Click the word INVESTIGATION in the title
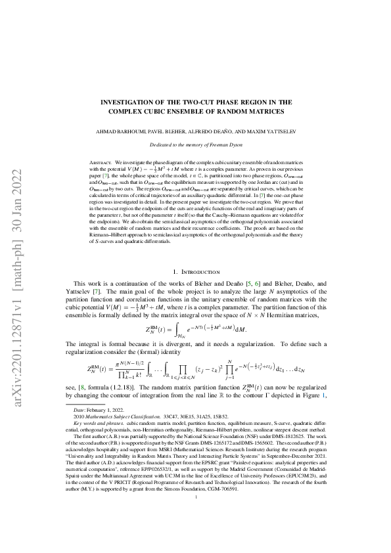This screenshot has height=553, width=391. [x=130, y=102]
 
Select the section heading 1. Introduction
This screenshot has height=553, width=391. [x=195, y=271]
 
